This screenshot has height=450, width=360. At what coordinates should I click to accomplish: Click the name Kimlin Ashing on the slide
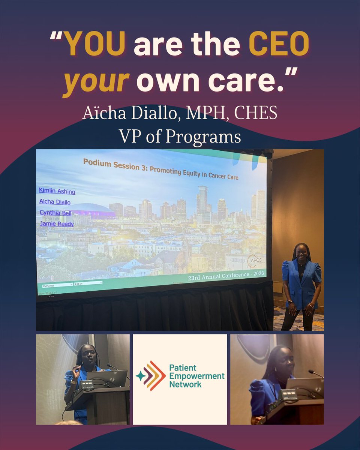click(x=57, y=191)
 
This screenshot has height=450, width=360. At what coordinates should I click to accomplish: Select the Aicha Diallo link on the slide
click(x=55, y=202)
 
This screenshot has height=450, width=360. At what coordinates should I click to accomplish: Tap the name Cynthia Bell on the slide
click(x=55, y=213)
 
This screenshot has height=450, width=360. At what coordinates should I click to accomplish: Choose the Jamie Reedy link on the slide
click(x=56, y=224)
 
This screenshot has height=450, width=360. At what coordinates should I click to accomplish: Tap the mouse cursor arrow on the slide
click(x=174, y=218)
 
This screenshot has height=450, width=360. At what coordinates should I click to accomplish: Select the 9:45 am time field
click(x=88, y=283)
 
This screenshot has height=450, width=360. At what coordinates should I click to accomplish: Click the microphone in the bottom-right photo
click(x=315, y=373)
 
